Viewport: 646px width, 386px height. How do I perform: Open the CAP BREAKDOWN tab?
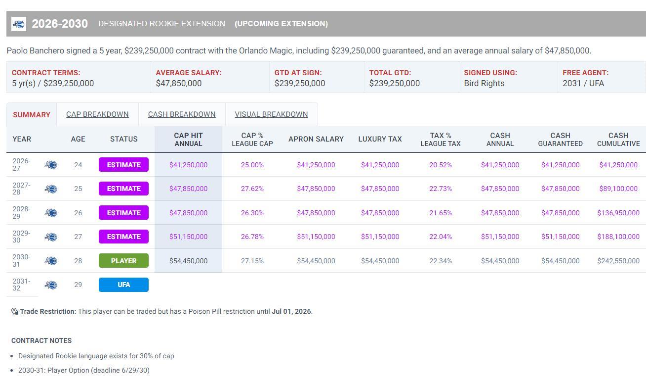point(97,114)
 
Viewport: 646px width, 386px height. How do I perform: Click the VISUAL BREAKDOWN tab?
point(271,114)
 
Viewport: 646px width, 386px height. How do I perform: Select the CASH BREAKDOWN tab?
point(182,114)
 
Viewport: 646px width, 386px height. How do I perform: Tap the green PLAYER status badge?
point(123,261)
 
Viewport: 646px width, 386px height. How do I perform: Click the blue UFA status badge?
point(123,285)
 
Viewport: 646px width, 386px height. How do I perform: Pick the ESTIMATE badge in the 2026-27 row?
point(123,165)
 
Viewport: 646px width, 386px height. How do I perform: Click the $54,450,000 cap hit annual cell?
point(188,261)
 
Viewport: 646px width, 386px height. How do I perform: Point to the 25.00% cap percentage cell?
point(252,165)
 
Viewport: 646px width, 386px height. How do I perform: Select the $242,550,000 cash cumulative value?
point(618,261)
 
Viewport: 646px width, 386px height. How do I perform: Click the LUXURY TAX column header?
point(380,139)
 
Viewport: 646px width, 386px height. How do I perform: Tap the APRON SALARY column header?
point(316,139)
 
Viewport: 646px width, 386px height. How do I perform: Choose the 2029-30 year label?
point(21,237)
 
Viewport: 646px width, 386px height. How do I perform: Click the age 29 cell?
point(78,285)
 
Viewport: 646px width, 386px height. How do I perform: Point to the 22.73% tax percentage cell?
point(440,189)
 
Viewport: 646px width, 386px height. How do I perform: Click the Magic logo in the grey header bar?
point(19,24)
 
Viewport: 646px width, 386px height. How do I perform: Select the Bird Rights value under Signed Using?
point(484,83)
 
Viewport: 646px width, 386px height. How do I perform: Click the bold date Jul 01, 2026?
point(291,311)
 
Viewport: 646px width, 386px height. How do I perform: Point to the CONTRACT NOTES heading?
point(41,340)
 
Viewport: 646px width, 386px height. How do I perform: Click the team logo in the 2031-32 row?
point(51,285)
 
